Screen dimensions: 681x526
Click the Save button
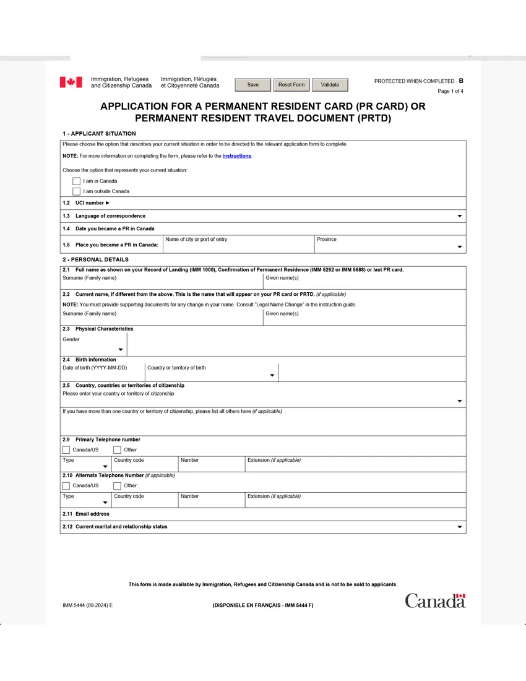(x=252, y=85)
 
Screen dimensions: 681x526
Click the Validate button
(x=330, y=85)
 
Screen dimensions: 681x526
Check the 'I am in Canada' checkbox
(x=77, y=181)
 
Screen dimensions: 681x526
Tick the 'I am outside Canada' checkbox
(x=77, y=191)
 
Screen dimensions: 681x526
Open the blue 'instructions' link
(x=236, y=156)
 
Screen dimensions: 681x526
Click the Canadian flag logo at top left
(x=71, y=82)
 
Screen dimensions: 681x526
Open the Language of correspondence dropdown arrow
(x=459, y=216)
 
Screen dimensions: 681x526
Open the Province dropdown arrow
(x=459, y=247)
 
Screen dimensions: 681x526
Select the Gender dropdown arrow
(x=121, y=350)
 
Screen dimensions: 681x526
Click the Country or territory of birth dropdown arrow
(x=272, y=376)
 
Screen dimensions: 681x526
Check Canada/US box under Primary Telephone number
(x=66, y=450)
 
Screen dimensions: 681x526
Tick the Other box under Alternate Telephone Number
(x=118, y=486)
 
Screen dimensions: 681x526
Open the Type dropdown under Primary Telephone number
(x=105, y=466)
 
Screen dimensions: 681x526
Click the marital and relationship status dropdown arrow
(x=459, y=527)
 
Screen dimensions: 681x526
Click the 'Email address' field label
(x=92, y=514)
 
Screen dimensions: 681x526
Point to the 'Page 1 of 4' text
(x=450, y=92)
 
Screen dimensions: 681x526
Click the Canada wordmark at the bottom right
(x=435, y=601)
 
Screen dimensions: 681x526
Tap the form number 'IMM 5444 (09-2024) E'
(x=87, y=605)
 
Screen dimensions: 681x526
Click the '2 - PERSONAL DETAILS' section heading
(x=95, y=259)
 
